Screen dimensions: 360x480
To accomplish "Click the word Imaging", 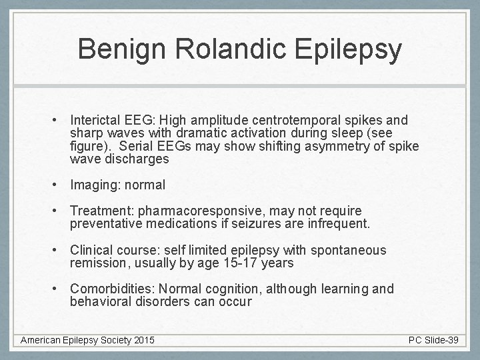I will [x=94, y=185].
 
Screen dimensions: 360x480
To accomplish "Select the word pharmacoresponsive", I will [x=202, y=211].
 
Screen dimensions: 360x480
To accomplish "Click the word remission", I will [x=98, y=263].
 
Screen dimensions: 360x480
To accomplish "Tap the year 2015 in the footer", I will [x=143, y=340].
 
